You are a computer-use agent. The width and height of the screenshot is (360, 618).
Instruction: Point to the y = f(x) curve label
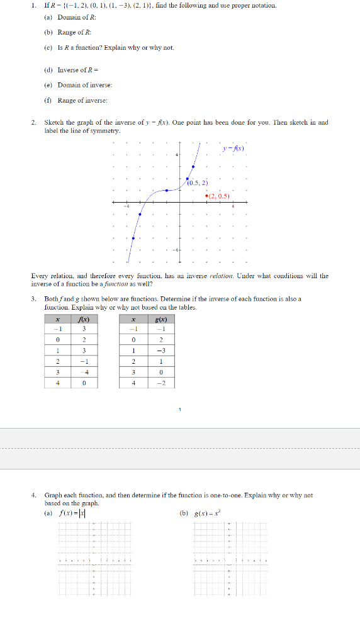233,149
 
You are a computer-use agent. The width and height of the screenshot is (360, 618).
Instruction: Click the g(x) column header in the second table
162,319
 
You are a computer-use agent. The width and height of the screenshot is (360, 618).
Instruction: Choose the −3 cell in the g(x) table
162,351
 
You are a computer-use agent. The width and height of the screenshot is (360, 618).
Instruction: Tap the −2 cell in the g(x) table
162,383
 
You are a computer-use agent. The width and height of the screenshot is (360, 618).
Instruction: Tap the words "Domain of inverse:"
84,84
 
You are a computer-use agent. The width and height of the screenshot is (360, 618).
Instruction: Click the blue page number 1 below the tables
179,409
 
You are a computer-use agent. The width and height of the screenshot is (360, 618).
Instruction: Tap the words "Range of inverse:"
82,100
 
